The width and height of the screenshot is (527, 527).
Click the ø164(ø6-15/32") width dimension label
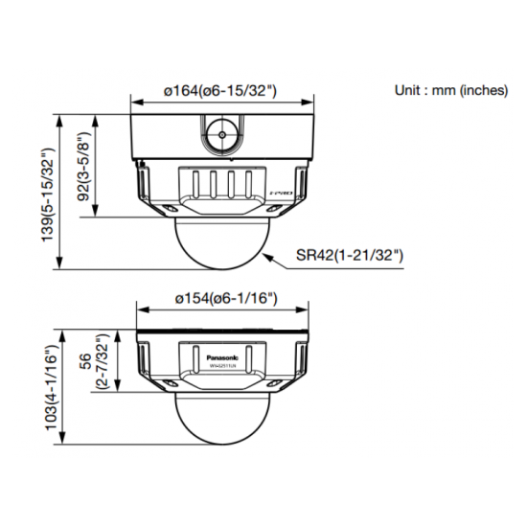tap(221, 90)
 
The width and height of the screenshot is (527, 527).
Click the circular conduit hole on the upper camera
tap(222, 135)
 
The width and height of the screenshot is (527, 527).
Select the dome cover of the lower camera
tap(222, 421)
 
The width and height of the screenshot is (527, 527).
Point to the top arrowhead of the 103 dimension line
tap(62, 333)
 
